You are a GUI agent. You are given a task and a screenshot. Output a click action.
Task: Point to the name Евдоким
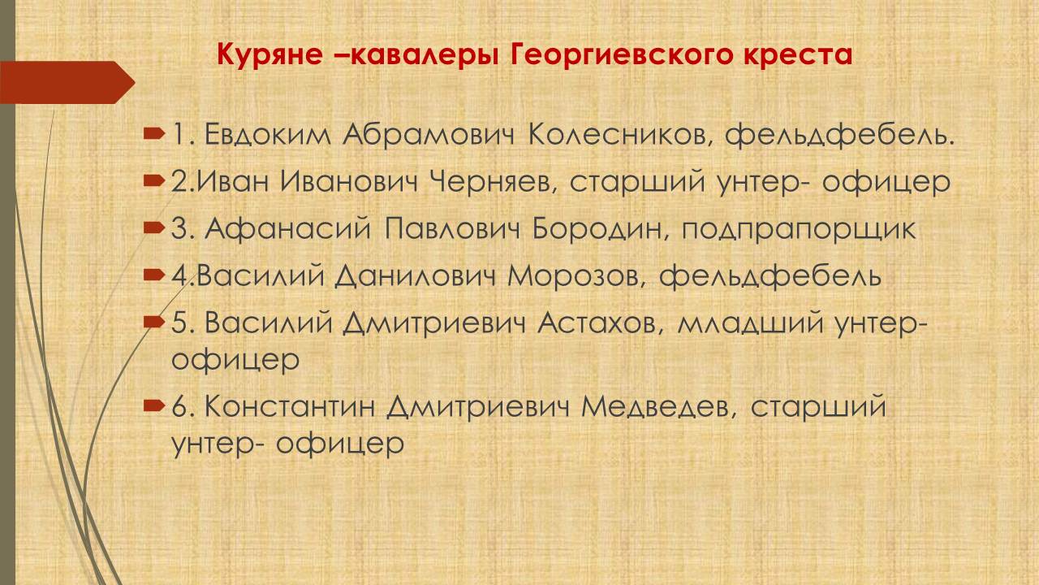(268, 135)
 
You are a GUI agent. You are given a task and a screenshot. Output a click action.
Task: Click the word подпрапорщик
(798, 230)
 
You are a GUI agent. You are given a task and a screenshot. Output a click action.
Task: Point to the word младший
(751, 323)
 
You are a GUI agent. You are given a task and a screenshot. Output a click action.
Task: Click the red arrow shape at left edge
(67, 82)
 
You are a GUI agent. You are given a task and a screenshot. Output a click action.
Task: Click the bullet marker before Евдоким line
(154, 135)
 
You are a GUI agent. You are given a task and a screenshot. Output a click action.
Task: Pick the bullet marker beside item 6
(154, 406)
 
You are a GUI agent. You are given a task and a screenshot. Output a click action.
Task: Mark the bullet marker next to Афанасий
(154, 228)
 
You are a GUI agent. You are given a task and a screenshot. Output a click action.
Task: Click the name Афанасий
(287, 229)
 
